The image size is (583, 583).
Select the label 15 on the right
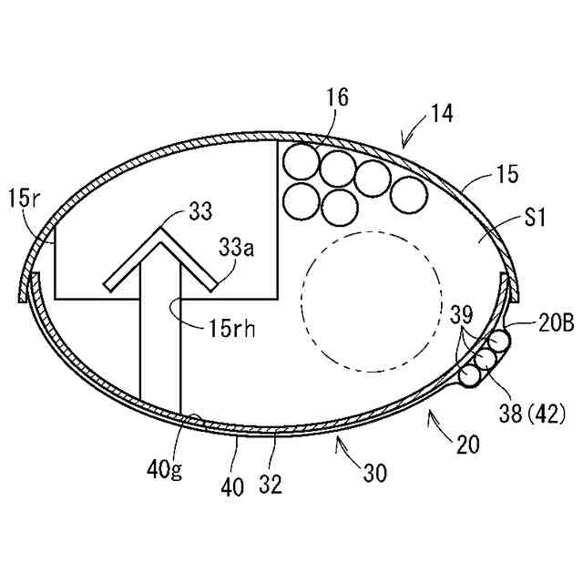[506, 173]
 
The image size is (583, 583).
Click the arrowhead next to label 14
[404, 143]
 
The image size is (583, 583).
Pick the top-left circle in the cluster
[300, 163]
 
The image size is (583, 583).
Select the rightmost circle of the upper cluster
[407, 191]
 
